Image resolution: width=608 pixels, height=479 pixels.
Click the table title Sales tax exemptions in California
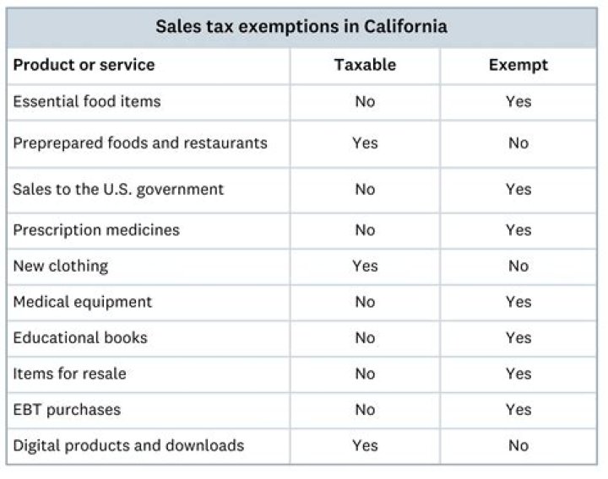[301, 26]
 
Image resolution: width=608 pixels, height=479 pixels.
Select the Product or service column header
[84, 65]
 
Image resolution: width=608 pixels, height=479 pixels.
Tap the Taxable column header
[365, 65]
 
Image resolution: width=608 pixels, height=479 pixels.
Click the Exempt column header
[518, 65]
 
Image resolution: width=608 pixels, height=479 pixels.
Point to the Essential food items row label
[86, 101]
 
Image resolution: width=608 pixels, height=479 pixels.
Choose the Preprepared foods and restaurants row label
[139, 143]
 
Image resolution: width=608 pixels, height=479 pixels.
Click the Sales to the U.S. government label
[118, 189]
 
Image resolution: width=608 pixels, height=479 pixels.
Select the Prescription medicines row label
[95, 229]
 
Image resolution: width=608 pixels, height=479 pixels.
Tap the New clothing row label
[60, 266]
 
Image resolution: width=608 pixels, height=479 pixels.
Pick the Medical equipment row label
[82, 302]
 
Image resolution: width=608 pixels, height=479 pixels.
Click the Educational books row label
[79, 337]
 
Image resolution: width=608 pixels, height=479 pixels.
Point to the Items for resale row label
[69, 374]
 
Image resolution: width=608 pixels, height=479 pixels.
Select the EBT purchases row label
[67, 410]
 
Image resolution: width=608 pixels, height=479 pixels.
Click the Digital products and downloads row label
[128, 445]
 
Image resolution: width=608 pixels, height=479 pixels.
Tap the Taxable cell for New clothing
[365, 266]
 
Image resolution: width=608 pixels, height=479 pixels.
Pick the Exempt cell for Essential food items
[518, 101]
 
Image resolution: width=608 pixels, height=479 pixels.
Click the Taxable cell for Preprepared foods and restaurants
[365, 143]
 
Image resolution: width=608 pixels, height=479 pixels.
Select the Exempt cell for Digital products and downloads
[518, 445]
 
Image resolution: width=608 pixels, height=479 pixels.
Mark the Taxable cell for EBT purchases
[365, 410]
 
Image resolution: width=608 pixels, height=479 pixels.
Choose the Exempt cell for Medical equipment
[518, 302]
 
